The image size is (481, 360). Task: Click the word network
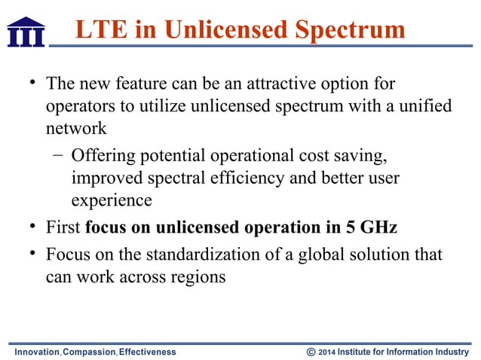coord(76,129)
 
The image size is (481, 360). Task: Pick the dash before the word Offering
coord(58,156)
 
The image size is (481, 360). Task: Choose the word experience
coord(112,201)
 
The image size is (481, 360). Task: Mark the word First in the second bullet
coord(63,227)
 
